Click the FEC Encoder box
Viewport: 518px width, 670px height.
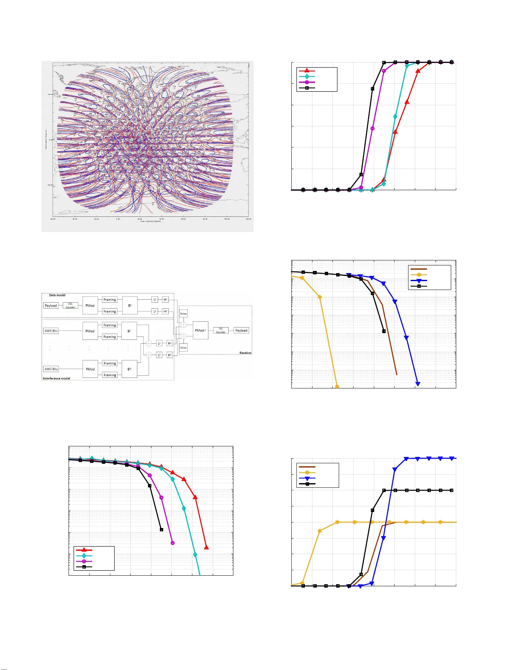(70, 306)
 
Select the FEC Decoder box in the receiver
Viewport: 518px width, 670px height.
(221, 331)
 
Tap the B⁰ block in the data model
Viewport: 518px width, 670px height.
(130, 306)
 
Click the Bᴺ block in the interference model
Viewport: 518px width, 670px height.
(129, 369)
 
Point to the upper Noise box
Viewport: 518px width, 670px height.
(183, 314)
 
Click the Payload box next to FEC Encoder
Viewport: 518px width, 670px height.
(51, 306)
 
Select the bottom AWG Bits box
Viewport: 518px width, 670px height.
(51, 369)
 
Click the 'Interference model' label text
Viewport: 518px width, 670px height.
(56, 378)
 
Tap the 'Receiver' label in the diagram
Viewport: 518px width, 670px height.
(245, 353)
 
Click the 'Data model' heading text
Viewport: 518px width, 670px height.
(57, 295)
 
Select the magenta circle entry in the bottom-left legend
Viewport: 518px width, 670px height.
(84, 561)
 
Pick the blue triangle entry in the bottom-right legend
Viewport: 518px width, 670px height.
(307, 479)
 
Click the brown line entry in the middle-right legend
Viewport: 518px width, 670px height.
(419, 269)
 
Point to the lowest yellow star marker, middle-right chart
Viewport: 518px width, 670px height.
(337, 386)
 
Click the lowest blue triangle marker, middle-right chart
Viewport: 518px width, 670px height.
(418, 384)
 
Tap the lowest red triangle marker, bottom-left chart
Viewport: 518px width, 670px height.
(206, 547)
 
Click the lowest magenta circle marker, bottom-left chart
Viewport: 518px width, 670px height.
(173, 543)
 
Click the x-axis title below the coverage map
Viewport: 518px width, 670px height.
(151, 222)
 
